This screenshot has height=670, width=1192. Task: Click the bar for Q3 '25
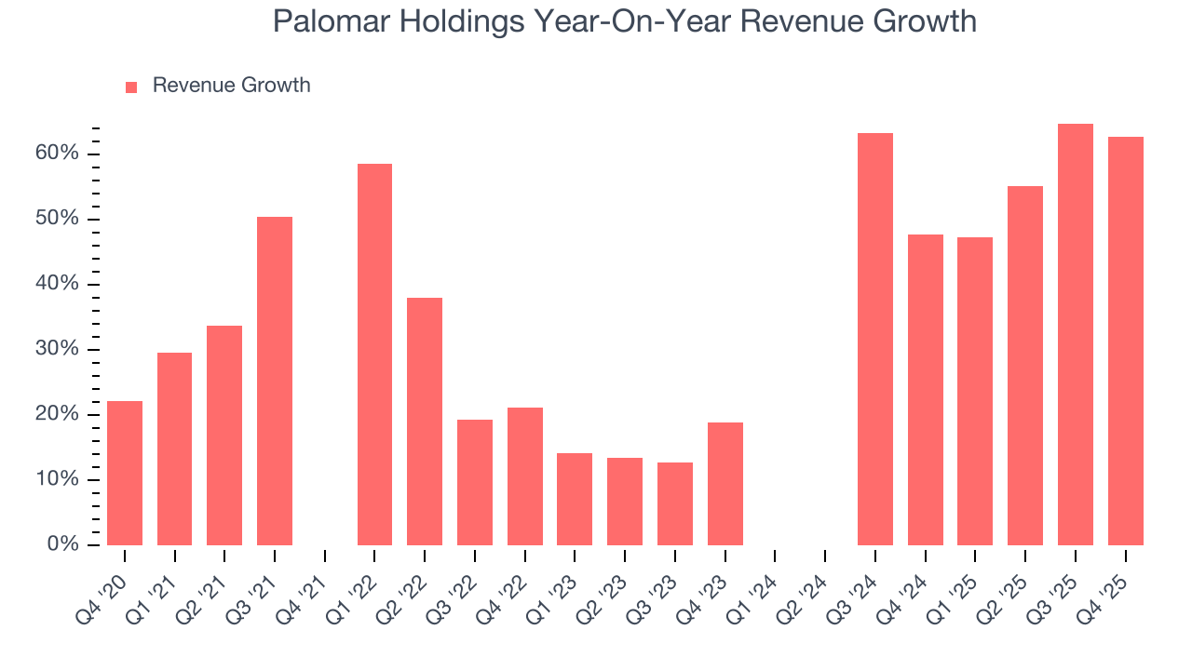(1075, 335)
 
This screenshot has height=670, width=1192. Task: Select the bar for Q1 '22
(374, 355)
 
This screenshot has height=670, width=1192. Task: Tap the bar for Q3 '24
(875, 340)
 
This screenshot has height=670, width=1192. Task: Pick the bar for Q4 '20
(125, 473)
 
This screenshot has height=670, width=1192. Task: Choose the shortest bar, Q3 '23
(674, 503)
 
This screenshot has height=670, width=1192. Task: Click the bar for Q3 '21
(275, 381)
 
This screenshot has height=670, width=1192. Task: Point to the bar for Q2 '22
(425, 422)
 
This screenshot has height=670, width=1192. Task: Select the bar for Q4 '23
(725, 484)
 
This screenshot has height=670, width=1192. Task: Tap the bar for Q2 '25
(1025, 366)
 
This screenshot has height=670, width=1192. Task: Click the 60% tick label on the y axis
(58, 154)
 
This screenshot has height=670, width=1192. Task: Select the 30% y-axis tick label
(58, 349)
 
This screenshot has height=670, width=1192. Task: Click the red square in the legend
(131, 87)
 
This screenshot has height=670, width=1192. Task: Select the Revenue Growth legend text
(231, 86)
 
